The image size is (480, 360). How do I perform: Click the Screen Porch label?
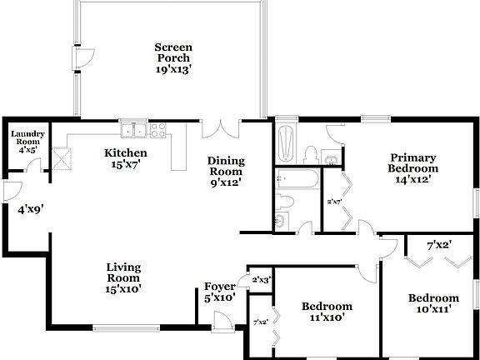pyautogui.click(x=173, y=52)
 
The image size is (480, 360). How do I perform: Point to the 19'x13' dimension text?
pyautogui.click(x=173, y=70)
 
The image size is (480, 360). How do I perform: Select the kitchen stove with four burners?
pyautogui.click(x=158, y=129)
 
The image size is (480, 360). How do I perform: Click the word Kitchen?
pyautogui.click(x=125, y=153)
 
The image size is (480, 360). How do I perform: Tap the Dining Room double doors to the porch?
pyautogui.click(x=222, y=128)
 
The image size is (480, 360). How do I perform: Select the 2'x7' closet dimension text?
pyautogui.click(x=335, y=201)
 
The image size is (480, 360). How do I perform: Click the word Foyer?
pyautogui.click(x=220, y=286)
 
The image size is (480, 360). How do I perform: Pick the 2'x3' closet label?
pyautogui.click(x=262, y=280)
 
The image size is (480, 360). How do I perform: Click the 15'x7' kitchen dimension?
pyautogui.click(x=125, y=164)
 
